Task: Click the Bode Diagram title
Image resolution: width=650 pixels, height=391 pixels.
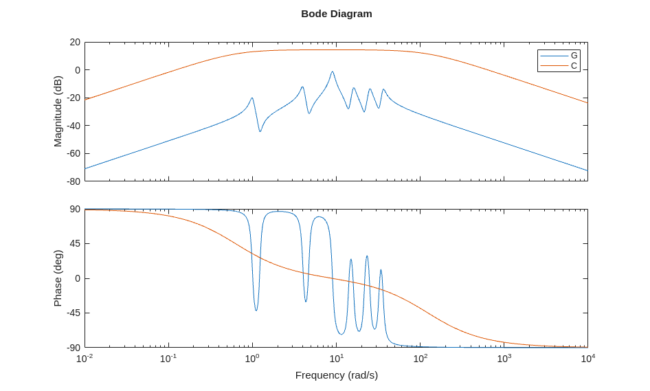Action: click(336, 14)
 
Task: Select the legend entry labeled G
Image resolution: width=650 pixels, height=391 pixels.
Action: click(574, 56)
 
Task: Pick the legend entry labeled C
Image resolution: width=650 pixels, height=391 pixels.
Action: click(574, 65)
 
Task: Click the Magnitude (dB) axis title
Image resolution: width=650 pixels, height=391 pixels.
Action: click(58, 111)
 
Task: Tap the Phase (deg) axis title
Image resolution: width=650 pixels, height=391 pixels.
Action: click(58, 278)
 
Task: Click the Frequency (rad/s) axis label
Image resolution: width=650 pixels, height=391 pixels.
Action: click(336, 375)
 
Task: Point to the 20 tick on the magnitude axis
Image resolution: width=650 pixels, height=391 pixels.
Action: click(75, 42)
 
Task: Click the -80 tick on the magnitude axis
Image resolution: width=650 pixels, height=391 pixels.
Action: click(73, 181)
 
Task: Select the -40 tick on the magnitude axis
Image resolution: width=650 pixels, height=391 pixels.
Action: click(73, 126)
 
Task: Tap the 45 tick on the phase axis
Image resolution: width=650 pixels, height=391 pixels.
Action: click(74, 244)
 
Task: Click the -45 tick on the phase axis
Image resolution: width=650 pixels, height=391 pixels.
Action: click(73, 313)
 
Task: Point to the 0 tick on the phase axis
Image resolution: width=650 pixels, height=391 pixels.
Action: click(77, 278)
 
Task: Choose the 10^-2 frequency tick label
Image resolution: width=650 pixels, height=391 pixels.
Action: click(85, 359)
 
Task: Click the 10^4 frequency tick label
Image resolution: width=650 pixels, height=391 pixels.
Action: click(587, 359)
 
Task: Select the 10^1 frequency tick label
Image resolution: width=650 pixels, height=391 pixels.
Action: click(336, 359)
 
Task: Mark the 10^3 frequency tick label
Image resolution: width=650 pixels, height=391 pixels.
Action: click(504, 359)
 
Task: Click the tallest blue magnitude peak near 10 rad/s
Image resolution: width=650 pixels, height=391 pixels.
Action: click(333, 71)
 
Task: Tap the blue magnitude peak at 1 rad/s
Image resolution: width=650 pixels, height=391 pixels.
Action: click(252, 98)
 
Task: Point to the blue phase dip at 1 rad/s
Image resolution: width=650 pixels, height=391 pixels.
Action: click(256, 311)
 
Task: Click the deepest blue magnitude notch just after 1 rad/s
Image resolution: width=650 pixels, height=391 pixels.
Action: click(260, 131)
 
